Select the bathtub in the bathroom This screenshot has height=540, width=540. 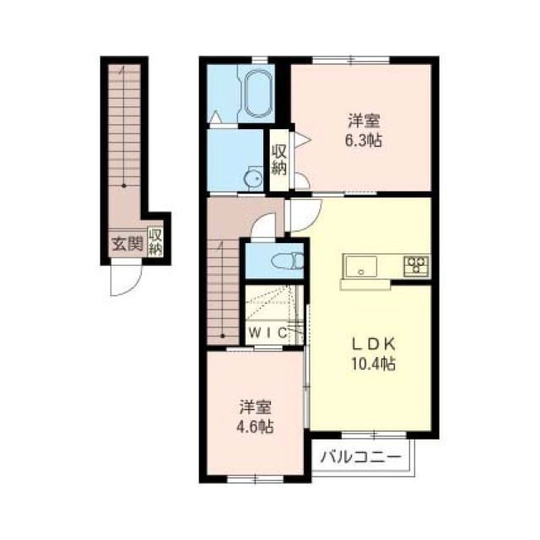coord(255,94)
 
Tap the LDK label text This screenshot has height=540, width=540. coord(374,344)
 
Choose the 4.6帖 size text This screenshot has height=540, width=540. coord(254,426)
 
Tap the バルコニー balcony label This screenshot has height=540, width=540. coord(362,460)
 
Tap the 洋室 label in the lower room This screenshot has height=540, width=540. coord(254,406)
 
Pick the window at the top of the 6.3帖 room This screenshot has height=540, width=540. coord(352,60)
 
